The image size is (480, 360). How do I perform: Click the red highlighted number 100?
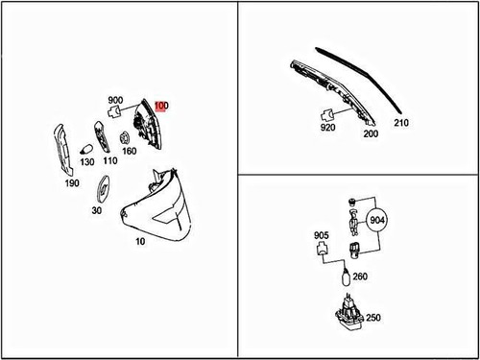pos(161,106)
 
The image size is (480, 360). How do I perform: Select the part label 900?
pos(115,100)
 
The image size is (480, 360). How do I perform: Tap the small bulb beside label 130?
pos(86,150)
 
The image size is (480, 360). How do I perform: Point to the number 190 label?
pos(72,183)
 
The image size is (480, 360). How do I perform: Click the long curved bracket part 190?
pos(62,150)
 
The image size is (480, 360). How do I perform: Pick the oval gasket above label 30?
pos(104,189)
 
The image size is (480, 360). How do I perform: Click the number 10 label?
pos(140,241)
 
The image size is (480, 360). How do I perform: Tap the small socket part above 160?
pos(124,138)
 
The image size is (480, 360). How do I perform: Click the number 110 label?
pos(110,160)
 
